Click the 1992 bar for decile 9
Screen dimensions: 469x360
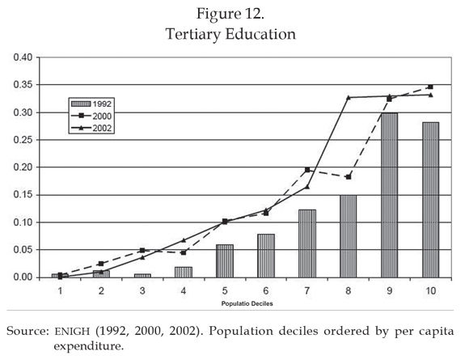tap(389, 195)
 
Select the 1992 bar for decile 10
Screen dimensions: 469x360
tap(430, 200)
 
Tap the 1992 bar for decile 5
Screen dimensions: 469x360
tap(225, 261)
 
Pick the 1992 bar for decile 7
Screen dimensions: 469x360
tap(307, 244)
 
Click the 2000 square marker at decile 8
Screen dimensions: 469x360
tap(349, 177)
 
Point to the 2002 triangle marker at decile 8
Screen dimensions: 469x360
tap(349, 97)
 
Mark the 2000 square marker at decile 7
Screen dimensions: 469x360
tap(307, 170)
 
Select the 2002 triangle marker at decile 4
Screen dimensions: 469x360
tap(184, 240)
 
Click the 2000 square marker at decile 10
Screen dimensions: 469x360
tap(430, 87)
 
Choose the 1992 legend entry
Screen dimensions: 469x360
tap(91, 104)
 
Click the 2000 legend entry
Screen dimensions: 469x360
tap(91, 116)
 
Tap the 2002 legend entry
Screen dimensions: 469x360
tap(91, 128)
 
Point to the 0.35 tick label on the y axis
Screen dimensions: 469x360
tap(23, 85)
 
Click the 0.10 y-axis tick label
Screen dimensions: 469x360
tap(23, 222)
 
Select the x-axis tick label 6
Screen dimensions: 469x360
tap(266, 290)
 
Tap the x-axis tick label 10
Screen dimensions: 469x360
tap(430, 290)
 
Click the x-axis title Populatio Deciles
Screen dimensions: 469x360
tap(247, 303)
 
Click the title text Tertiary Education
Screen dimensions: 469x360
tap(230, 34)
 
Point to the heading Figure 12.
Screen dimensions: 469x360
tap(230, 14)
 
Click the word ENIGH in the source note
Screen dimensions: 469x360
tap(72, 331)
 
